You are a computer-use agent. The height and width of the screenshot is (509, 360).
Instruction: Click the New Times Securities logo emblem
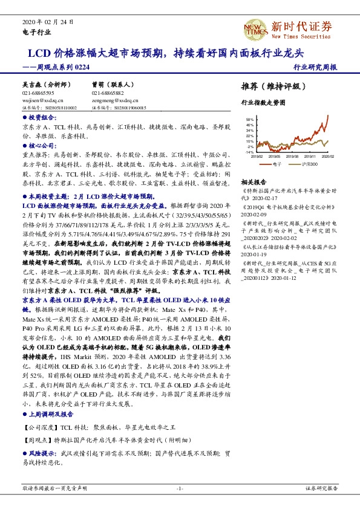point(252,27)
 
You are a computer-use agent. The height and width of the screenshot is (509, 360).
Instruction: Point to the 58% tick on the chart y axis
point(250,120)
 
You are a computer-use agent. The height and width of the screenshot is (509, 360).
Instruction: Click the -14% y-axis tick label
point(249,152)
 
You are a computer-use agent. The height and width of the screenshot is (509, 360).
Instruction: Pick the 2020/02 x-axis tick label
point(327,156)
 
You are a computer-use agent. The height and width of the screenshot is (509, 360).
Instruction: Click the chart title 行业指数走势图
point(262,103)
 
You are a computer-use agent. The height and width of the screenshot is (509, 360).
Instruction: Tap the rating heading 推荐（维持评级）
point(269,86)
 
